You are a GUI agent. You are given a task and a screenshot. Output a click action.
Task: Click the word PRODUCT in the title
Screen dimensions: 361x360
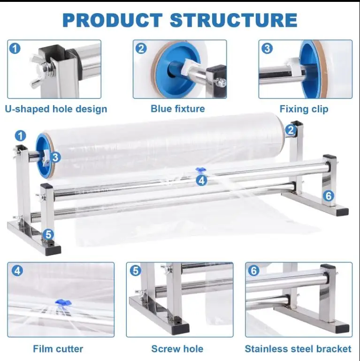tap(113, 20)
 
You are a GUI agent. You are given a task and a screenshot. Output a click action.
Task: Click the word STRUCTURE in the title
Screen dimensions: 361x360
tap(233, 20)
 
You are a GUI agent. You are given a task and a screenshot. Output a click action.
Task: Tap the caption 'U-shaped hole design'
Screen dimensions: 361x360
tap(56, 109)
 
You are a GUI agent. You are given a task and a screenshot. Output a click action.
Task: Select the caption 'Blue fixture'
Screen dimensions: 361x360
tap(178, 109)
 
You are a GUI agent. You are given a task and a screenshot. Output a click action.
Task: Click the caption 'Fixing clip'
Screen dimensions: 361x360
tap(304, 109)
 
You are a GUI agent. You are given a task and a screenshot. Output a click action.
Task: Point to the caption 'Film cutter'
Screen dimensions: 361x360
tap(58, 349)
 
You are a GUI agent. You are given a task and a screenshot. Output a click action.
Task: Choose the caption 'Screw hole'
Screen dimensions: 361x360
tap(177, 349)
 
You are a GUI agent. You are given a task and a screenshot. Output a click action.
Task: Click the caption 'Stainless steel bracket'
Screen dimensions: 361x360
tap(298, 349)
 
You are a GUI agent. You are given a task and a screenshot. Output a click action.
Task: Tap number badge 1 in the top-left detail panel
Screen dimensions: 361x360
tap(15, 48)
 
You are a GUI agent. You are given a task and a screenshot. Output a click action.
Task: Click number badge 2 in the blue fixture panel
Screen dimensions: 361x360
tap(141, 48)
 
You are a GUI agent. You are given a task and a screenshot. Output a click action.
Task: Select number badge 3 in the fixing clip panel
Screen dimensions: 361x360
tap(267, 48)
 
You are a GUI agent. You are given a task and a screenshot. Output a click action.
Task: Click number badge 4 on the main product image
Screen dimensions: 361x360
tap(202, 180)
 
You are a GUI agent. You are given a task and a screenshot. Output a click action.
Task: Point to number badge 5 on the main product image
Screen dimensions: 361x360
tap(49, 234)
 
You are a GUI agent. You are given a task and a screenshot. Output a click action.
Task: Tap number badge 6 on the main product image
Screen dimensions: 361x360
tap(329, 195)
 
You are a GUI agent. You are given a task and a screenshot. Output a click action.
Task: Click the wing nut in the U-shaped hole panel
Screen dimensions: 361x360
tap(38, 73)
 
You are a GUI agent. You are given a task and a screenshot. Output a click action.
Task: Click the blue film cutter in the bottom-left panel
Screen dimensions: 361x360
tap(61, 302)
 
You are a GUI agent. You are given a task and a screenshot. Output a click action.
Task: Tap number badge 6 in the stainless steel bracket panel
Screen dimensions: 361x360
tap(254, 271)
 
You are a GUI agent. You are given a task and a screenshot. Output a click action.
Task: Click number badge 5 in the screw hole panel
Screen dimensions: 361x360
tap(135, 271)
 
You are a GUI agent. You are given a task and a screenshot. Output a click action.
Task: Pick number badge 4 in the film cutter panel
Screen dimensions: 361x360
tap(17, 271)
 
